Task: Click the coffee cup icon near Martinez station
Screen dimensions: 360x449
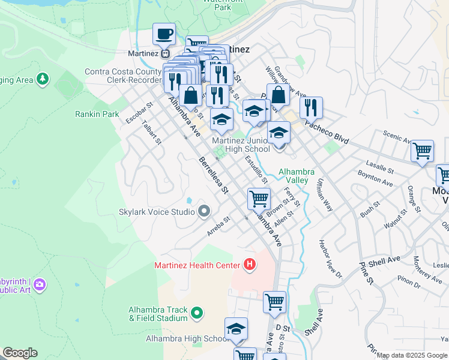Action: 164,34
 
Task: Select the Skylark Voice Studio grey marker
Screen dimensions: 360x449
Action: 204,211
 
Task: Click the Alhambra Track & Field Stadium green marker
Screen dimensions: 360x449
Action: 196,313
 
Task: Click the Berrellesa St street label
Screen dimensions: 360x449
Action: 214,175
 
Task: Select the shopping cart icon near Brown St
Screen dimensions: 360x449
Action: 259,198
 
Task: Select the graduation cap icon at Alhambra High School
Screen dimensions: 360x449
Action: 237,329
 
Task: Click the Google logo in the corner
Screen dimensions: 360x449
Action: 20,353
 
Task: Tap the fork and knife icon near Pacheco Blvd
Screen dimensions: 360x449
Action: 311,107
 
